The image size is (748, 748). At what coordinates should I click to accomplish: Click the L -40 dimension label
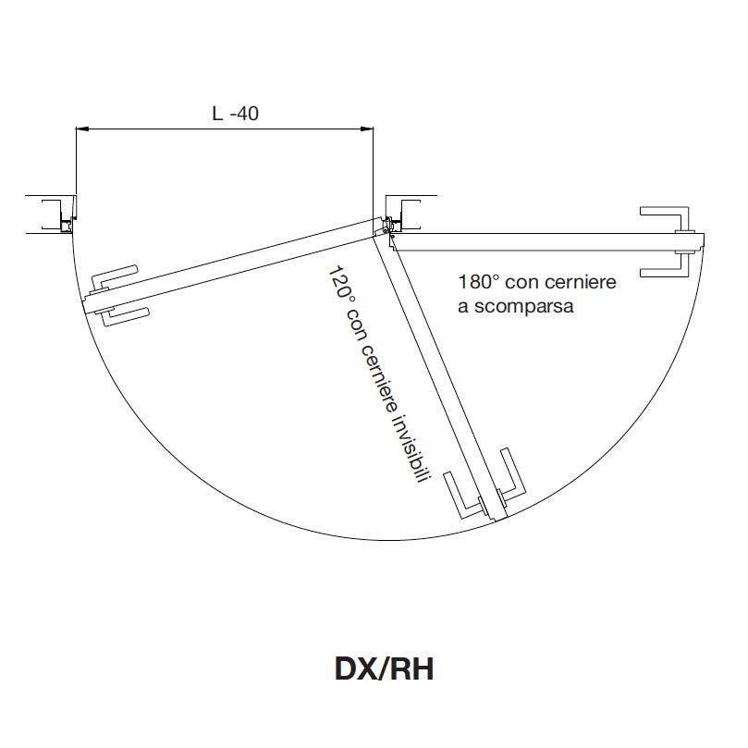pyautogui.click(x=235, y=114)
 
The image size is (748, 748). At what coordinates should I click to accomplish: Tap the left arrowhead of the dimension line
pyautogui.click(x=82, y=129)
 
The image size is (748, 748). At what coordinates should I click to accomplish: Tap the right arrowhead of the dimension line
pyautogui.click(x=367, y=129)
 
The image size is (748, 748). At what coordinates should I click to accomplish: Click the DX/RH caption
pyautogui.click(x=385, y=668)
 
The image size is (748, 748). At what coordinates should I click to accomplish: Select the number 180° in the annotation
pyautogui.click(x=478, y=282)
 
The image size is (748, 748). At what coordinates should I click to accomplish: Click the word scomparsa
pyautogui.click(x=523, y=306)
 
